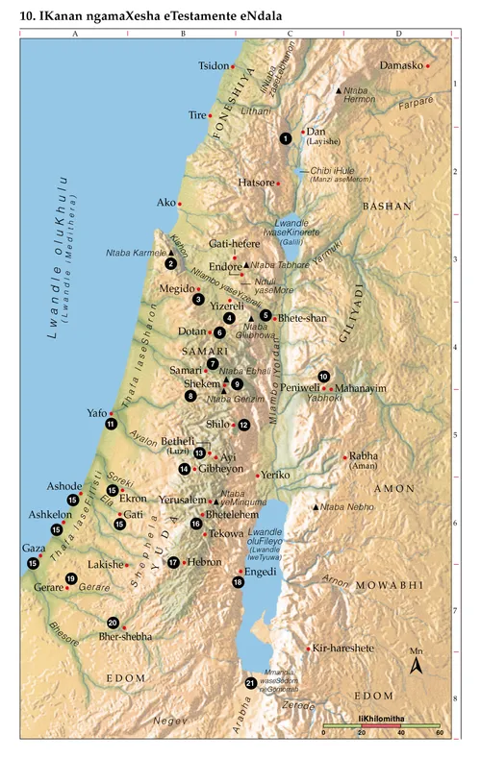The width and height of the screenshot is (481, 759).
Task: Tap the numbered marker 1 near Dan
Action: [x=286, y=139]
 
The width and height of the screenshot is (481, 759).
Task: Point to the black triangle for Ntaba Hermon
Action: [x=337, y=90]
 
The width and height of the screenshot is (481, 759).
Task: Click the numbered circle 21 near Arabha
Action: [x=250, y=683]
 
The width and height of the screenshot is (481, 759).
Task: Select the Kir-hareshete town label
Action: [x=344, y=649]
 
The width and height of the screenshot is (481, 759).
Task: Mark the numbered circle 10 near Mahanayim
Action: [x=324, y=377]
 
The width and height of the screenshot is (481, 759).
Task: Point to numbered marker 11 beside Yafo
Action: [x=112, y=424]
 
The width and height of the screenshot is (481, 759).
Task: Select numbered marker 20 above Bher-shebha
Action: [x=113, y=623]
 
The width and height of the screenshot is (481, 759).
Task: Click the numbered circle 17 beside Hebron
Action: [x=174, y=562]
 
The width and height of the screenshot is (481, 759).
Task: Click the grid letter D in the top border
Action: [x=398, y=33]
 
